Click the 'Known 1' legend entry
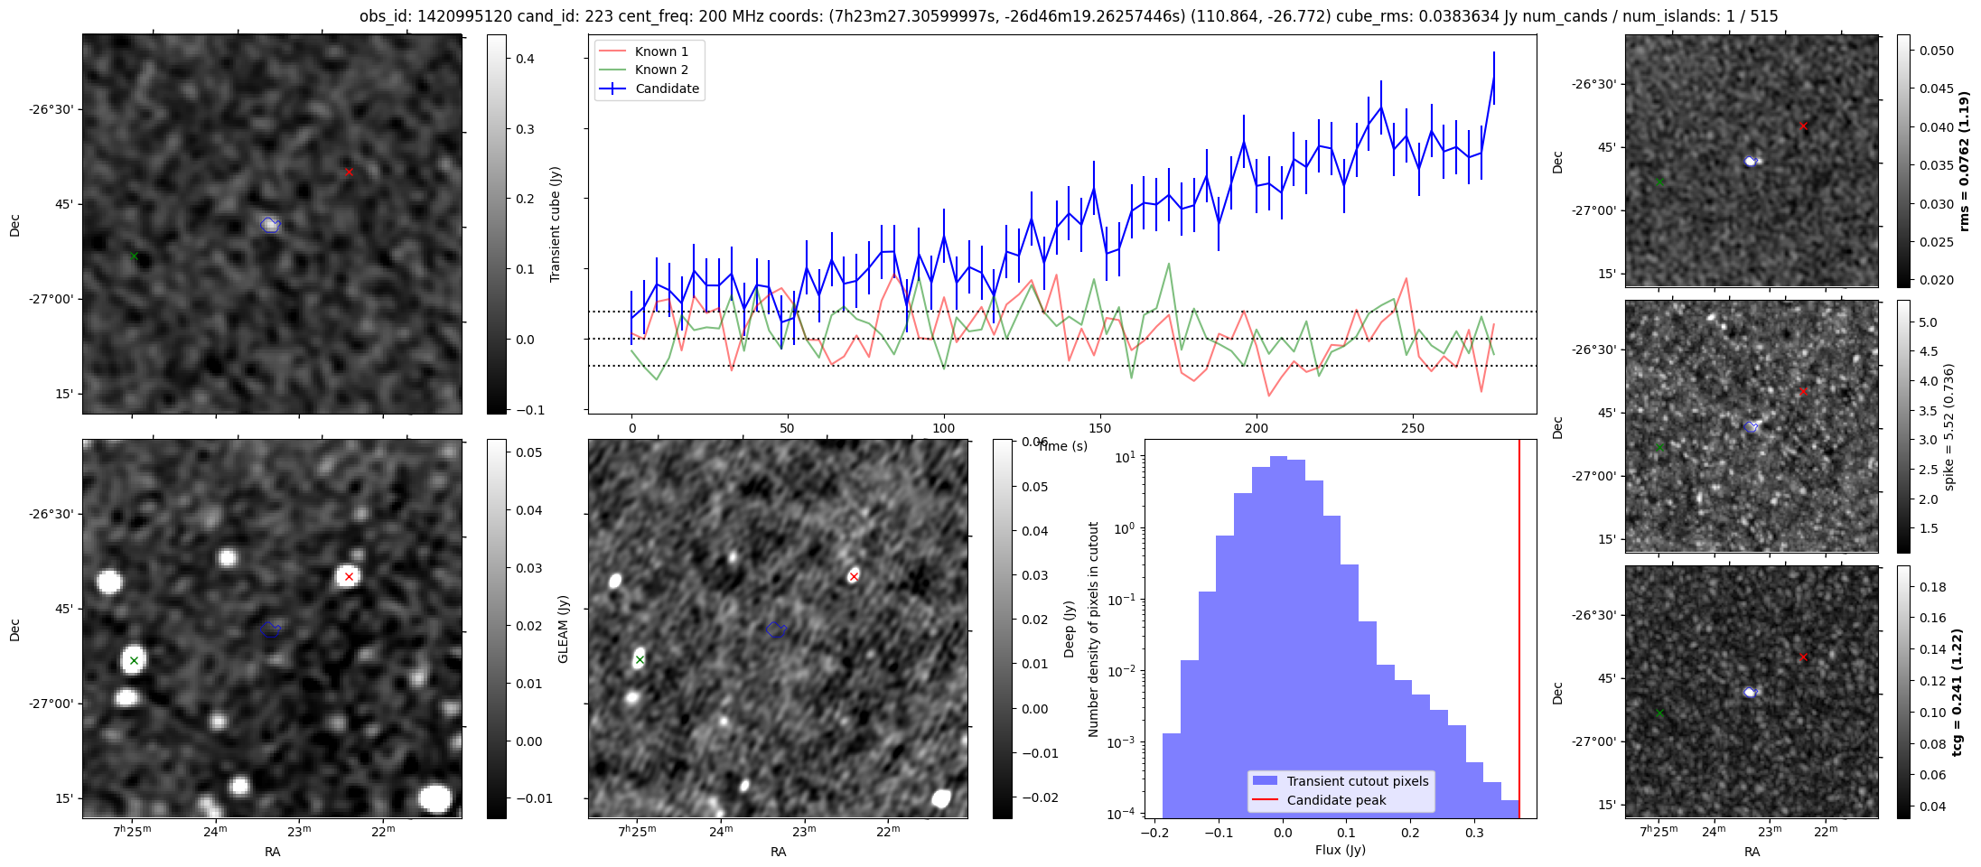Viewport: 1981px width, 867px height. (x=660, y=51)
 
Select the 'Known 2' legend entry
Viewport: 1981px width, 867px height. (x=660, y=70)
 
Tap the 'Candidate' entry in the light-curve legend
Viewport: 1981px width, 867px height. (x=667, y=89)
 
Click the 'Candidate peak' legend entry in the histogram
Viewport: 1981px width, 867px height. (x=1336, y=800)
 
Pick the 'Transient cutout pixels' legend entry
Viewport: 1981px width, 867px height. (x=1357, y=781)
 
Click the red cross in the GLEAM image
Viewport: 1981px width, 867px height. (x=349, y=576)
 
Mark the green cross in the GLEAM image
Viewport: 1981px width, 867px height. (x=134, y=660)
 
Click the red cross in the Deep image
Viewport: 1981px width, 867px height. (x=854, y=576)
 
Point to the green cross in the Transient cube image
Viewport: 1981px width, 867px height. (x=134, y=256)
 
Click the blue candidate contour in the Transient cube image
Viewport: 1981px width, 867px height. (x=270, y=224)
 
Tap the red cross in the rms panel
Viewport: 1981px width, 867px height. (x=1803, y=126)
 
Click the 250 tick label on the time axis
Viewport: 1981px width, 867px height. (x=1412, y=428)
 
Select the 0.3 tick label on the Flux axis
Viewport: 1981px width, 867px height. (x=1475, y=833)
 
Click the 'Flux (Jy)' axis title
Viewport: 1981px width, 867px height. (x=1340, y=850)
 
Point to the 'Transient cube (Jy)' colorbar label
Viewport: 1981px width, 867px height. (x=555, y=224)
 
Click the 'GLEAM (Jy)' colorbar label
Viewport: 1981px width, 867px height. (x=563, y=629)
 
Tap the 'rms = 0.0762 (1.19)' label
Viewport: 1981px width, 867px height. (x=1963, y=161)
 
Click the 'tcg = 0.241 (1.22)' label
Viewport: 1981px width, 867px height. (x=1957, y=692)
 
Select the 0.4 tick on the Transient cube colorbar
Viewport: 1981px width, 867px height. (x=525, y=59)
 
